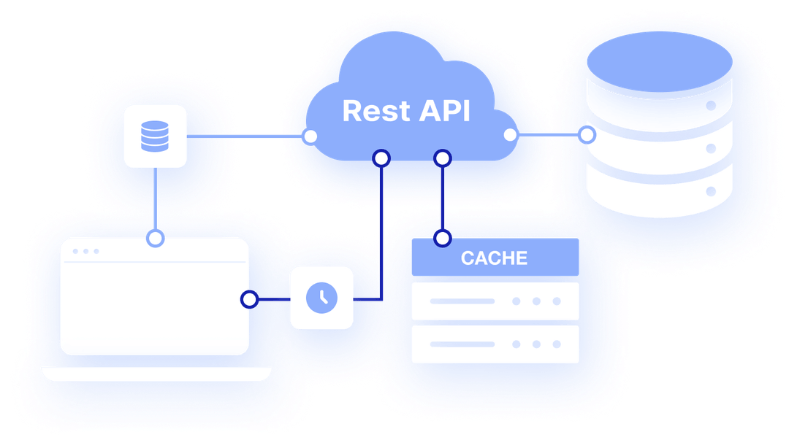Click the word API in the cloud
coord(444,111)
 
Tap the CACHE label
coord(494,258)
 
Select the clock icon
coord(321,297)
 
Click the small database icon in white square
coord(154,136)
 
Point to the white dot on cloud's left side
coord(310,136)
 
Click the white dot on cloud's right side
coord(510,135)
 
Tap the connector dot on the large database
coord(587,135)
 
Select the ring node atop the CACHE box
coord(442,238)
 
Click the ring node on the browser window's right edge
coord(250,298)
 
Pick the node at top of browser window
coord(154,239)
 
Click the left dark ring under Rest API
coord(381,158)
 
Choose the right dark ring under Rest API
coord(442,158)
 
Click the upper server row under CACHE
coord(495,301)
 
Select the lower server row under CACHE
coord(495,344)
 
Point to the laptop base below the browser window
coord(156,374)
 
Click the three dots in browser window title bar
coord(85,251)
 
